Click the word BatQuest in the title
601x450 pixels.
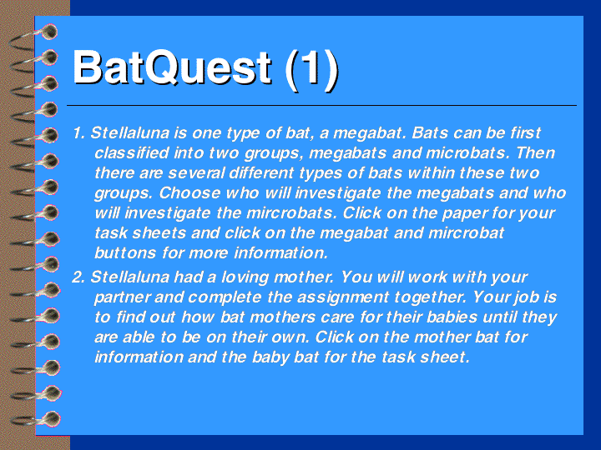(x=172, y=68)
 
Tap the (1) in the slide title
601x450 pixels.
(x=311, y=70)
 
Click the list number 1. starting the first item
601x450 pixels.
(x=78, y=133)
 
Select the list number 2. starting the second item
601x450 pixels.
(x=78, y=277)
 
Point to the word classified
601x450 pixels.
(x=132, y=153)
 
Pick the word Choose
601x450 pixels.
(x=189, y=192)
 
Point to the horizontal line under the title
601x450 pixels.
(x=321, y=105)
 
